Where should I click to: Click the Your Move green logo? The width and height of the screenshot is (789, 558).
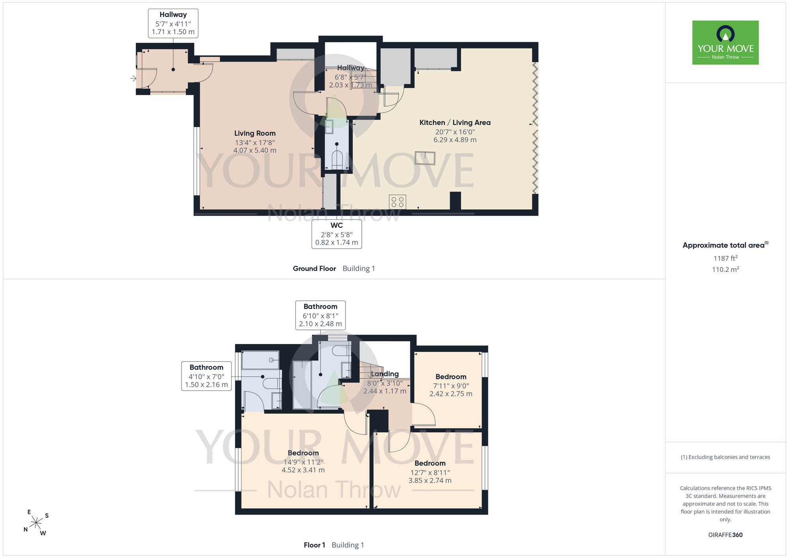click(x=725, y=43)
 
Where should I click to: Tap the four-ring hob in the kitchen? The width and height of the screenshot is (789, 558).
click(x=397, y=202)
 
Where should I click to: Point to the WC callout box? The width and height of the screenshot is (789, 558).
click(x=337, y=234)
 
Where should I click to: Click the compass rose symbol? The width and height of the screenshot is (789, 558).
click(x=36, y=523)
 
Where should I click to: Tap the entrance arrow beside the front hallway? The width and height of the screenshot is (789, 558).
click(x=133, y=79)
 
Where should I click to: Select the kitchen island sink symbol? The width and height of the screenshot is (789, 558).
click(x=425, y=158)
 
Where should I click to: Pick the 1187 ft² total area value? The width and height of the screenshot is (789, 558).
click(x=725, y=258)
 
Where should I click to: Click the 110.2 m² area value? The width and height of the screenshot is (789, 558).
click(x=725, y=270)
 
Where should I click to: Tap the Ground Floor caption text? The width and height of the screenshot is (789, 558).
click(x=314, y=268)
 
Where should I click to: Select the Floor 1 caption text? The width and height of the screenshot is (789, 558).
click(x=314, y=545)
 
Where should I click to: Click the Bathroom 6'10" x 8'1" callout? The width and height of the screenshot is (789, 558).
click(x=320, y=315)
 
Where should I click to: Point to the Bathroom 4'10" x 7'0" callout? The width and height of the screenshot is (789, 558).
click(x=206, y=376)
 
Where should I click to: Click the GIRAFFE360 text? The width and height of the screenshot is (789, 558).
click(x=725, y=535)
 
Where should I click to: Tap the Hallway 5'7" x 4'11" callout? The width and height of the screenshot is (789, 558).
click(x=173, y=23)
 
